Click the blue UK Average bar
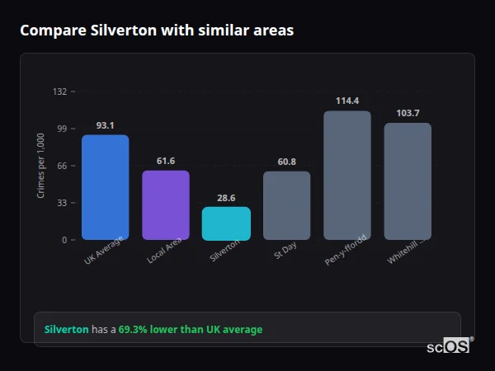click(x=105, y=187)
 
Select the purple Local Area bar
click(x=166, y=205)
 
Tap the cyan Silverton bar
click(x=226, y=223)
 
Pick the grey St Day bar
click(x=286, y=205)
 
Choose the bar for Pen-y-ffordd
click(x=347, y=176)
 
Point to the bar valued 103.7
click(x=408, y=181)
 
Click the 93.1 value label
click(x=105, y=125)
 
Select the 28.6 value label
click(x=226, y=198)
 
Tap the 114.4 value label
click(x=347, y=101)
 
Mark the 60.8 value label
click(x=286, y=162)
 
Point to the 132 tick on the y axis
click(x=59, y=92)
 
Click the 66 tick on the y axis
click(x=61, y=166)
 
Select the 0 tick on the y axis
click(x=64, y=240)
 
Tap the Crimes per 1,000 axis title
click(x=40, y=166)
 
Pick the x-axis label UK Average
click(x=103, y=251)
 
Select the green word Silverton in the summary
click(x=67, y=330)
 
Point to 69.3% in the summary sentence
click(x=134, y=330)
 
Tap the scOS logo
click(x=448, y=346)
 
